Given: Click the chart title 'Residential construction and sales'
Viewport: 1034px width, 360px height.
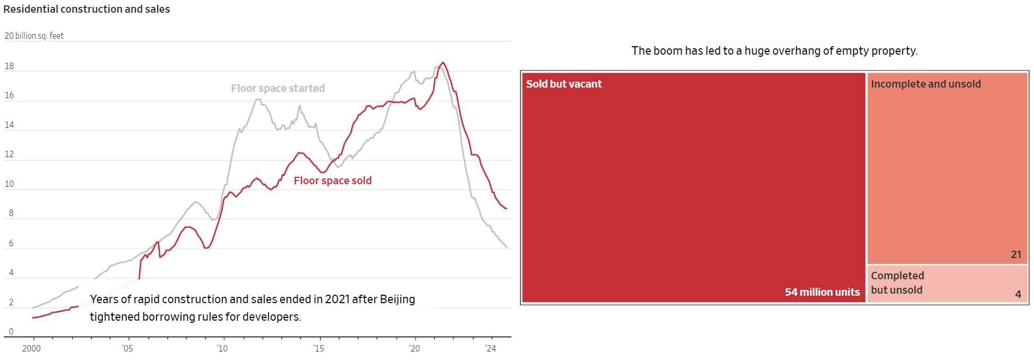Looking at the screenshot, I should (x=87, y=9).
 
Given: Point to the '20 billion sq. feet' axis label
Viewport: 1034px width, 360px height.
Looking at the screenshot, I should (x=34, y=36).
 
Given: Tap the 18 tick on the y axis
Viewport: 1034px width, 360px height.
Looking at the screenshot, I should (x=10, y=66).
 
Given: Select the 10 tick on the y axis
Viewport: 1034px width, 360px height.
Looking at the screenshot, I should (x=10, y=184).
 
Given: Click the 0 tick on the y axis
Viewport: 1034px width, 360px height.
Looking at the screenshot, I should (x=11, y=332).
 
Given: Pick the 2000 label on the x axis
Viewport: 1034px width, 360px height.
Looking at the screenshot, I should (x=31, y=348).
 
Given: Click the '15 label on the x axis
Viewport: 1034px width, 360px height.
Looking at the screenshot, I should (x=318, y=348).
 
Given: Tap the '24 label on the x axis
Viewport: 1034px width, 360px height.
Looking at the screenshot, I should (x=490, y=348).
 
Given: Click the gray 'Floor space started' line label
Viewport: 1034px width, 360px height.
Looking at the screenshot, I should (x=278, y=88).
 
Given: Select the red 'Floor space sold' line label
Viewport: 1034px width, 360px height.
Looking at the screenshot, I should (x=332, y=181).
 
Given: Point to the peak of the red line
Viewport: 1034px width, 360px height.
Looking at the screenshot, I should (x=443, y=63).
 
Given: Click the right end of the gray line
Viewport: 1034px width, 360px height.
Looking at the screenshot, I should (x=507, y=247).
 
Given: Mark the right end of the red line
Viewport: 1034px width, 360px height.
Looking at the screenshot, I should (x=507, y=209).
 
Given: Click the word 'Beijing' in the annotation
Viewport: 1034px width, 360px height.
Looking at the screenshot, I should (x=397, y=299).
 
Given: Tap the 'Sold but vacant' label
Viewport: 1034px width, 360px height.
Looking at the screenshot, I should (x=563, y=84).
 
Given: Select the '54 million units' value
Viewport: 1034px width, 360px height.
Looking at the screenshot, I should (x=822, y=292).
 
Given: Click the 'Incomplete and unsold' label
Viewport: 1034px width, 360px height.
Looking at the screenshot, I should (x=926, y=84).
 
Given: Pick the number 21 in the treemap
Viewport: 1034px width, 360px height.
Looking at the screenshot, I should (x=1016, y=254).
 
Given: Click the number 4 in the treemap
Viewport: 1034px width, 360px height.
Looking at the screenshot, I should (x=1018, y=294).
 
